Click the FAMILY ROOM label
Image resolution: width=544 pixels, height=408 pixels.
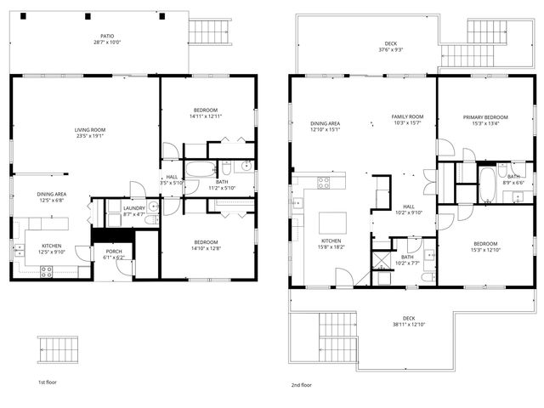pyautogui.click(x=407, y=116)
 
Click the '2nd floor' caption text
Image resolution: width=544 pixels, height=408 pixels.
pyautogui.click(x=301, y=384)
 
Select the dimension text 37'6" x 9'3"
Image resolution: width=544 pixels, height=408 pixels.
pyautogui.click(x=392, y=49)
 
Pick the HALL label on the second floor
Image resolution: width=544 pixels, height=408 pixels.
pyautogui.click(x=409, y=207)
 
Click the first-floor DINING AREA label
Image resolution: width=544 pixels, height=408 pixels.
pyautogui.click(x=52, y=195)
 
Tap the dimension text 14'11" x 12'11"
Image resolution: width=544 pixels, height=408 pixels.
pyautogui.click(x=205, y=116)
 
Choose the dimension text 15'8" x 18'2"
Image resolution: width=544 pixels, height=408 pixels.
pyautogui.click(x=331, y=247)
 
